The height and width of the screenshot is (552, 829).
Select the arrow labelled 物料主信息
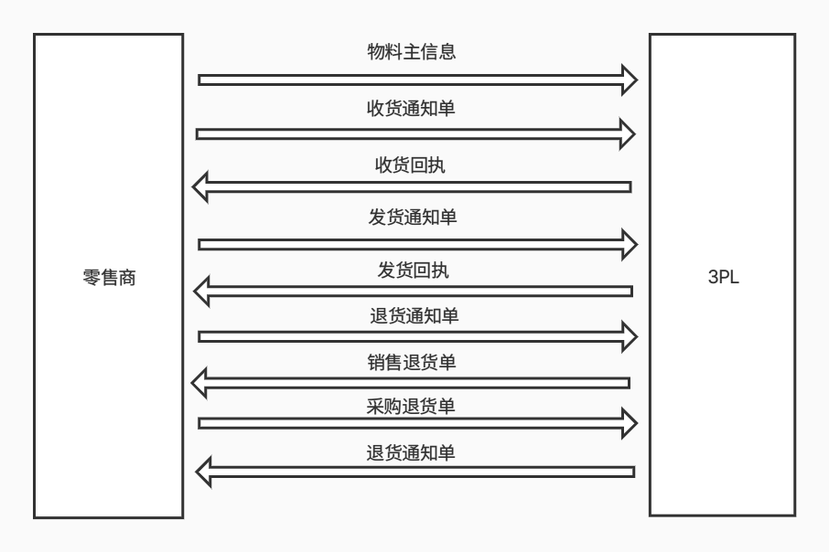coord(412,80)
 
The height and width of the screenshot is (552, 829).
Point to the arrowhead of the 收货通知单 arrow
coord(625,133)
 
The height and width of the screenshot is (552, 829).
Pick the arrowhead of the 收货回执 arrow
coord(204,187)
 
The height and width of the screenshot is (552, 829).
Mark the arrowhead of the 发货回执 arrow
coord(204,292)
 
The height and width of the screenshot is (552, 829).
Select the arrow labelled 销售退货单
coord(412,382)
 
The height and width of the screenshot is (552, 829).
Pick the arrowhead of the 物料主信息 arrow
coord(625,80)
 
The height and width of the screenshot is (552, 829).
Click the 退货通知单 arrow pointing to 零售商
coord(412,472)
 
